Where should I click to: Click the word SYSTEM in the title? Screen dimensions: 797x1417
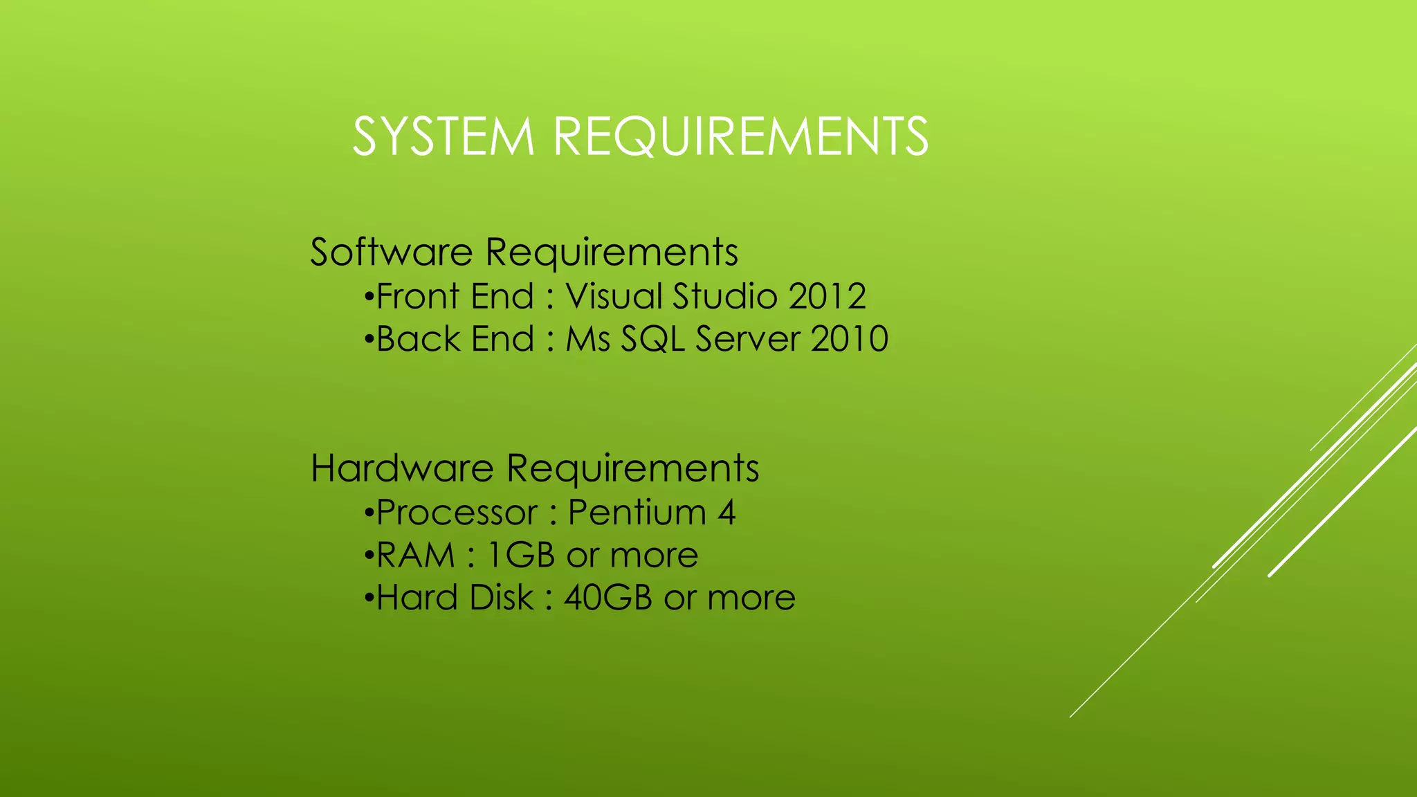[x=444, y=136]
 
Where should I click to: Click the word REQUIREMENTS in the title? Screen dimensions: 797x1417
[x=741, y=136]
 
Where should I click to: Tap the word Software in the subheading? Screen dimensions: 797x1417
[x=391, y=252]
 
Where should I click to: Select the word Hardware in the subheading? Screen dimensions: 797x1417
[x=402, y=468]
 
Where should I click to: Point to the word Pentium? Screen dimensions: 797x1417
[x=637, y=513]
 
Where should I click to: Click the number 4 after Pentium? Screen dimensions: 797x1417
[x=726, y=513]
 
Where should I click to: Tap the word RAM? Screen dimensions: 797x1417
[x=416, y=556]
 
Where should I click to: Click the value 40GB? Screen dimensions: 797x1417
[x=607, y=598]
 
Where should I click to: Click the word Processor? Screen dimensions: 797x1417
[x=457, y=513]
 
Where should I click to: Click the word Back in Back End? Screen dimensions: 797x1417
[x=418, y=339]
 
